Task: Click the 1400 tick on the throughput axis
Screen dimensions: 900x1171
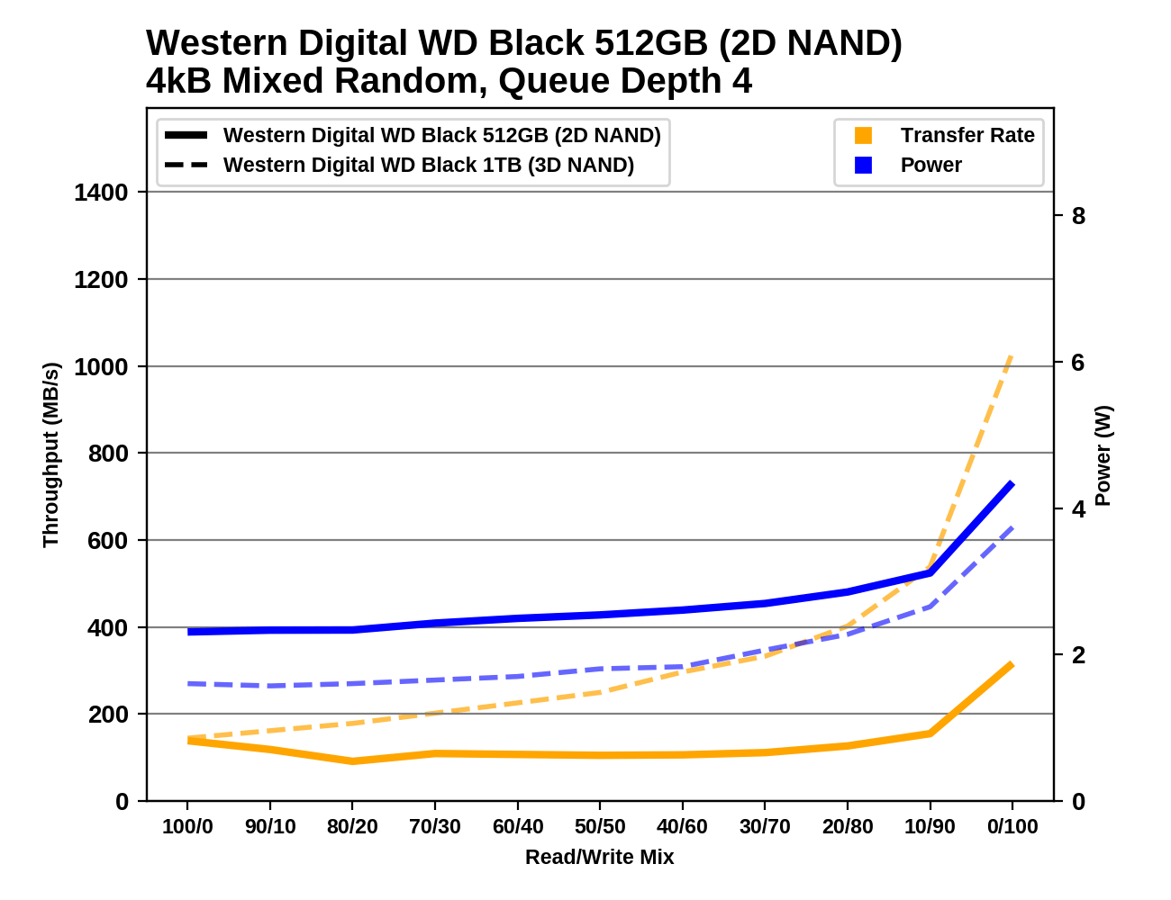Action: [101, 193]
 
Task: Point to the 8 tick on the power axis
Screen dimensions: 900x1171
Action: [1078, 216]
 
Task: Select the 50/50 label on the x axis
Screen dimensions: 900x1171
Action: [600, 827]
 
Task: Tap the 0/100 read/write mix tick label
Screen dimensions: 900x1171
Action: [1012, 827]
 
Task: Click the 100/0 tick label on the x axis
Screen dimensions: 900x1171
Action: [187, 827]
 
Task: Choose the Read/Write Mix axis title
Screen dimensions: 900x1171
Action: [599, 857]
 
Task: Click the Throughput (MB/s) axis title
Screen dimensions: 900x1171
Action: [50, 454]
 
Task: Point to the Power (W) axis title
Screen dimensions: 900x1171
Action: [1103, 455]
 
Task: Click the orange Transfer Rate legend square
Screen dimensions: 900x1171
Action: [863, 136]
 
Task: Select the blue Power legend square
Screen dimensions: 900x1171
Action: [863, 166]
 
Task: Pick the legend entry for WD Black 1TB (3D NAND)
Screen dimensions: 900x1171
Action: [429, 166]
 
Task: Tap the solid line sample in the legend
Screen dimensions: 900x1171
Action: [186, 136]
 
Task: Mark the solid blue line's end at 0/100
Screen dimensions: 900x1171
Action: [1012, 484]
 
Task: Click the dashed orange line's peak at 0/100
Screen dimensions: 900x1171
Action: [1012, 356]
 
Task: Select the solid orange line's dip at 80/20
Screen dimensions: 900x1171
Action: [352, 761]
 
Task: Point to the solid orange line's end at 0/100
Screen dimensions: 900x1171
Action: [1012, 664]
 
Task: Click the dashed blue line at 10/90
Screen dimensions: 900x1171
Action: [930, 607]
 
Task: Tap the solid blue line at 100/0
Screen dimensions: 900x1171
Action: [188, 632]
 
